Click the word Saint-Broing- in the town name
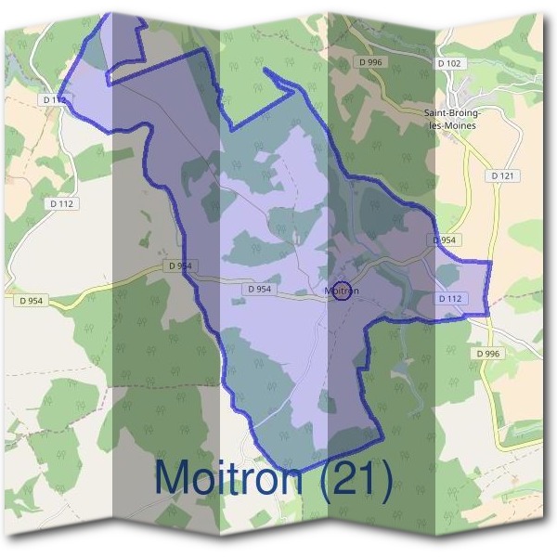[450, 113]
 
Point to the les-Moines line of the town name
[450, 125]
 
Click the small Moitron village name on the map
[342, 291]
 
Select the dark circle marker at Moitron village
[342, 291]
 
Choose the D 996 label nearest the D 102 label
[369, 62]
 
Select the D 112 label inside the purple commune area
[449, 299]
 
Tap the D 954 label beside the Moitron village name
[260, 290]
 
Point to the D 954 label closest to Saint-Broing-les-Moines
[446, 240]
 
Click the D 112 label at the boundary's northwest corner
[55, 99]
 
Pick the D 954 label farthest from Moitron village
[30, 301]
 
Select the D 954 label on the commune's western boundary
[180, 266]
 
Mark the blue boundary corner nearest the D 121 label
[488, 263]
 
